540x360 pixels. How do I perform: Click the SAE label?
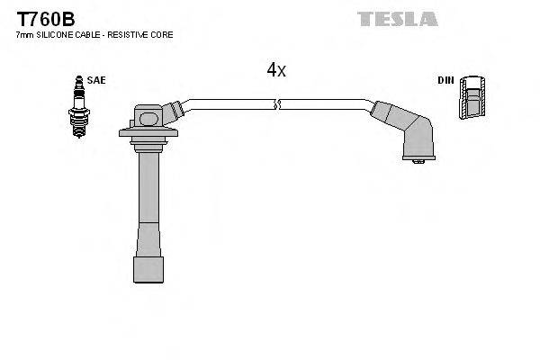pyautogui.click(x=97, y=80)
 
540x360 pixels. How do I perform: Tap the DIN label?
pyautogui.click(x=445, y=80)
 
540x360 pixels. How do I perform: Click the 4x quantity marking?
pyautogui.click(x=276, y=70)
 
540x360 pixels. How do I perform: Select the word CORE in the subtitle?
pyautogui.click(x=163, y=34)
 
